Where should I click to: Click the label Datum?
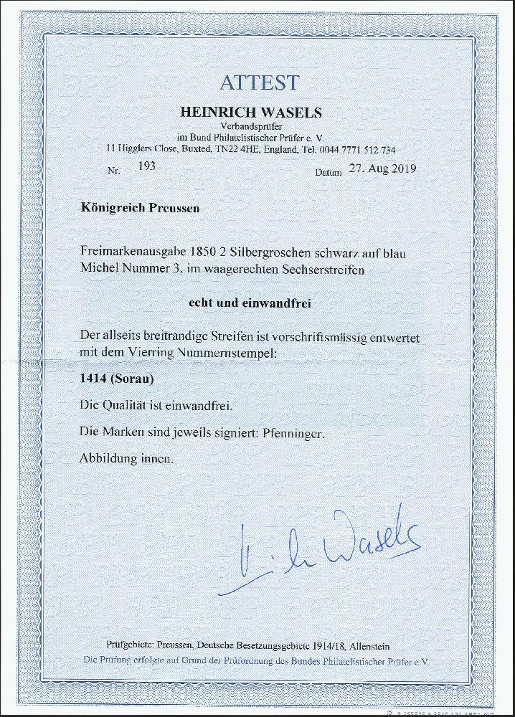tap(329, 173)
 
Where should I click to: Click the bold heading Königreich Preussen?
tap(139, 208)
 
